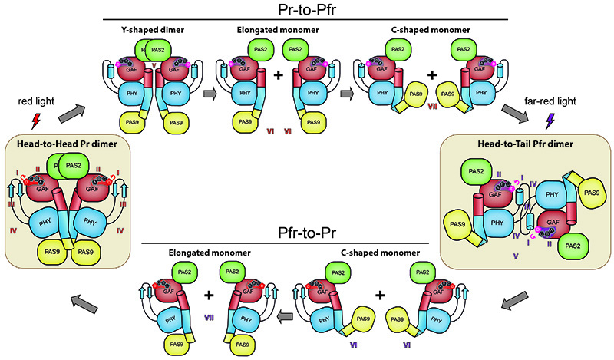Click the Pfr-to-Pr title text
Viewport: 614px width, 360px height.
pyautogui.click(x=309, y=231)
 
